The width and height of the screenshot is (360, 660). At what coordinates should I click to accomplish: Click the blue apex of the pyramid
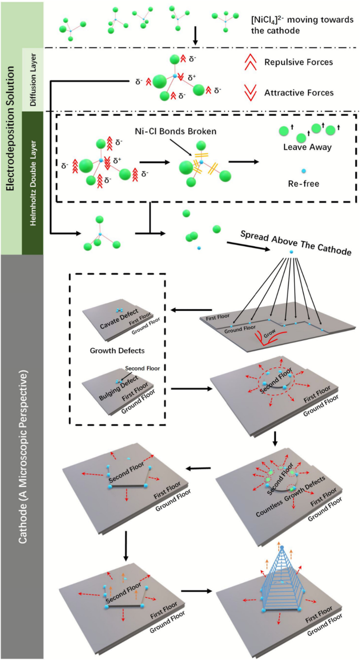(x=282, y=548)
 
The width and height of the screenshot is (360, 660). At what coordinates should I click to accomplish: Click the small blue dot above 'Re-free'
(x=303, y=171)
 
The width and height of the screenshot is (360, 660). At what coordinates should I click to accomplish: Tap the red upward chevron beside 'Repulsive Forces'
(x=255, y=63)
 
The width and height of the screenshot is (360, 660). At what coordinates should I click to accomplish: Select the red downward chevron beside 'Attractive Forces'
(x=255, y=93)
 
